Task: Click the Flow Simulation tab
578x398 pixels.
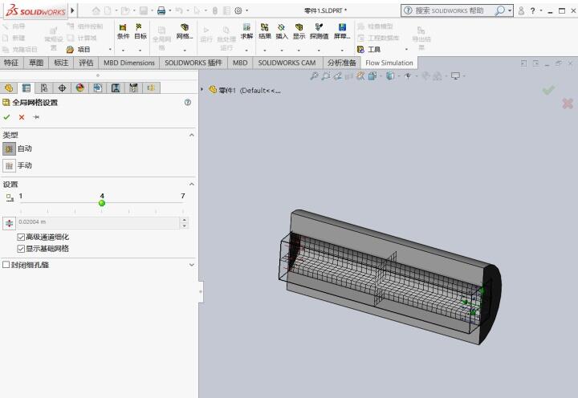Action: (389, 63)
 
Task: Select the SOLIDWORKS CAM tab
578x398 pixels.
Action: (287, 63)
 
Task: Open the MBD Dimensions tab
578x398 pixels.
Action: (128, 63)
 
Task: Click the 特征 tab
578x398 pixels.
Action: (11, 63)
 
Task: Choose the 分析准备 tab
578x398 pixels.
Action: (341, 63)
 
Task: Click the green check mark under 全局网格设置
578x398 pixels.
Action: (7, 117)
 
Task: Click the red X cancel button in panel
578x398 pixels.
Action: (22, 117)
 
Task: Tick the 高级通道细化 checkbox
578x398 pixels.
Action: (21, 238)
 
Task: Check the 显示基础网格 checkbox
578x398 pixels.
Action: (21, 249)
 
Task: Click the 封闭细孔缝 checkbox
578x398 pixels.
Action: (6, 265)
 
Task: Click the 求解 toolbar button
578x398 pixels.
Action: (246, 31)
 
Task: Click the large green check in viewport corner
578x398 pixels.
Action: (548, 90)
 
